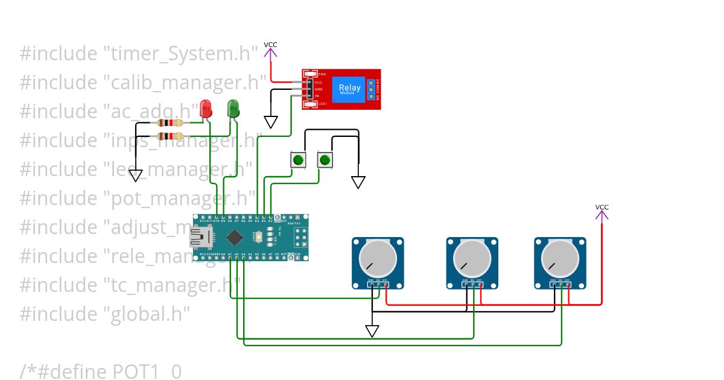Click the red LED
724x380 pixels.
tap(206, 109)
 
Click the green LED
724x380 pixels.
tap(233, 109)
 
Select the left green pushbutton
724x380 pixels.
tap(298, 160)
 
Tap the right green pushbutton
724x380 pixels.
tap(325, 160)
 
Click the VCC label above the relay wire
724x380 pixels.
tap(270, 45)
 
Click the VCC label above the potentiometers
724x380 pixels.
tap(602, 207)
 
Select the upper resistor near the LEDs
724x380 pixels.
tap(170, 123)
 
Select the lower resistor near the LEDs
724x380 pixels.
tap(170, 136)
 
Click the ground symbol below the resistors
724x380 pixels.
tap(136, 176)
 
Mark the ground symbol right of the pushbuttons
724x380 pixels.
tap(358, 182)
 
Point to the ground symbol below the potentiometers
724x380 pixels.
tap(372, 331)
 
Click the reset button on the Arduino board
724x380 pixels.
tap(259, 238)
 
